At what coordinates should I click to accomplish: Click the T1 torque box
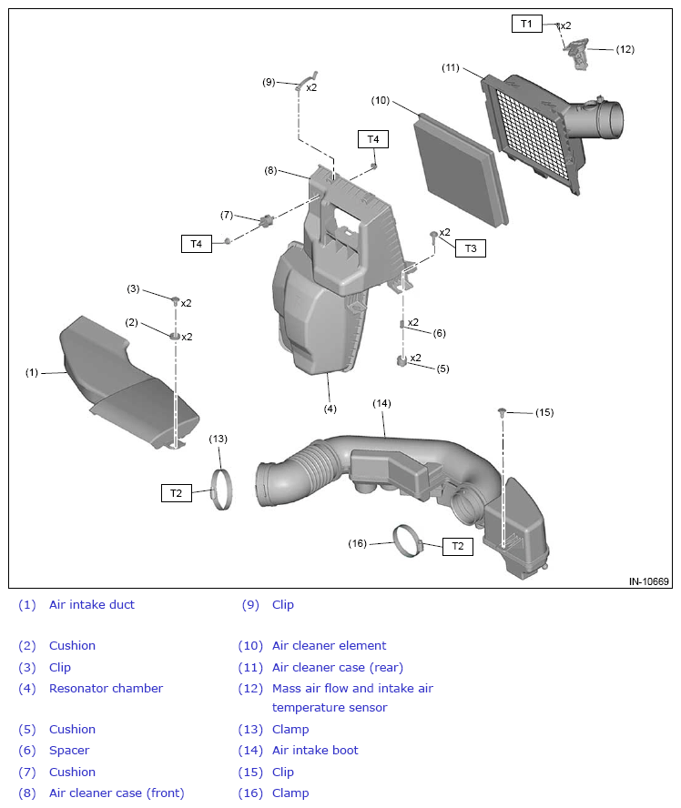coord(526,24)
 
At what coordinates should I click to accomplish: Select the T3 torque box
coord(470,247)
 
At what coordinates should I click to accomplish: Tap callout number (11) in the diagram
coord(450,67)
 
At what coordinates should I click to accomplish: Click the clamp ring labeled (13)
coord(223,490)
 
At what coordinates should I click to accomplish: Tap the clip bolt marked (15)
coord(502,413)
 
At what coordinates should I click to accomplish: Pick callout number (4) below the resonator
coord(330,409)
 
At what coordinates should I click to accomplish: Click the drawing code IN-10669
coord(648,581)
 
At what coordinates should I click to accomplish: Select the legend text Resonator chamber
coord(106,688)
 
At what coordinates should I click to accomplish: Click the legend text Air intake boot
coord(315,750)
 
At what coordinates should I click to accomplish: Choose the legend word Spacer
coord(69,750)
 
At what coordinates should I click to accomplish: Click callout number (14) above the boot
coord(381,403)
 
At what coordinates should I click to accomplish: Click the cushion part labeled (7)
coord(268,219)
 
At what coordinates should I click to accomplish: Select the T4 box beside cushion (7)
coord(197,243)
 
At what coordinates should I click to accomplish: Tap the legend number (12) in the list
coord(250,688)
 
